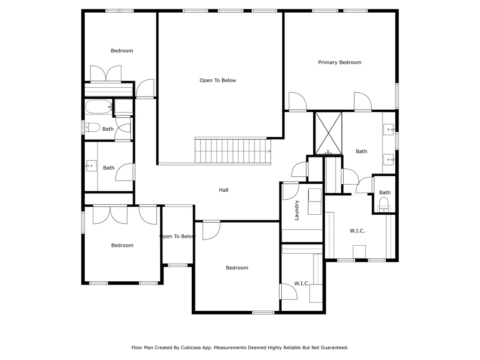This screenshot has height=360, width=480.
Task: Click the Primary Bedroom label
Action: coord(339,62)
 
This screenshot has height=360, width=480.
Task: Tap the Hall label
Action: coord(224,190)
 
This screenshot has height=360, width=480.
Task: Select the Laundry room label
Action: coord(296,210)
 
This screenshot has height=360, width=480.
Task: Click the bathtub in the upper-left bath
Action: coord(98,106)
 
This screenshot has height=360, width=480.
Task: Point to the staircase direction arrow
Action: coord(269,151)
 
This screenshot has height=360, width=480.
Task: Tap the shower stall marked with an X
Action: coord(329,134)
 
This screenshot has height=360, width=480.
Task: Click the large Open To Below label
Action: coord(217,80)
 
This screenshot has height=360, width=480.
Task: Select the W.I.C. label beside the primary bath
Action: coord(357,231)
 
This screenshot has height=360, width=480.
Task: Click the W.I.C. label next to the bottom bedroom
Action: coord(302,284)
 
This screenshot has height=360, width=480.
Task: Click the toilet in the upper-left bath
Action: coord(92,127)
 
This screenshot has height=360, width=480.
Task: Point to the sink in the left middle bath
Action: coord(91,166)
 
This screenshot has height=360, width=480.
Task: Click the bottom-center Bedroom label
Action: coord(237,268)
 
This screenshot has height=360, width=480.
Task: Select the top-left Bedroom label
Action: coord(122,51)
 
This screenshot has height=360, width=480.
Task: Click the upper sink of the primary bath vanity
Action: coord(389,129)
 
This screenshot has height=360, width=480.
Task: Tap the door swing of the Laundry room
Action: coord(291,191)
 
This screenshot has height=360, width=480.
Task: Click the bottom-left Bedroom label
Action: coord(122,245)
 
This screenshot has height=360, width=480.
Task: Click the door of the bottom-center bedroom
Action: coord(211,230)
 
